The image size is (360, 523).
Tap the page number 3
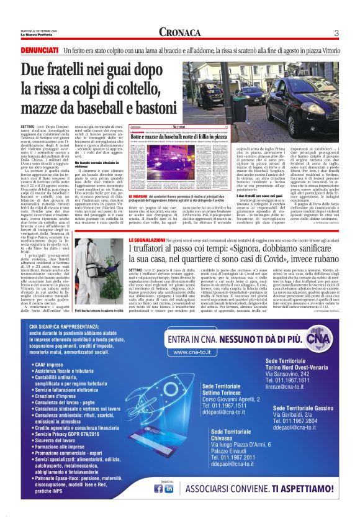pos(336,33)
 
